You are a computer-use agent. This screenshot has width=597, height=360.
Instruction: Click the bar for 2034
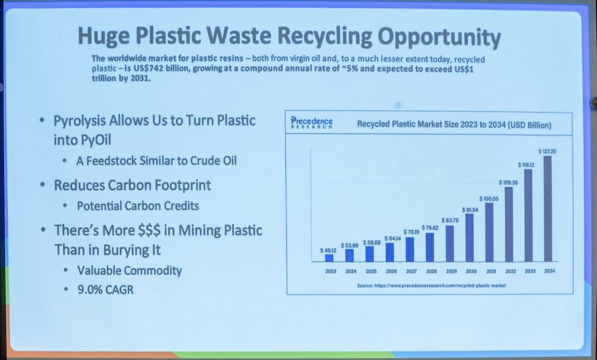click(548, 209)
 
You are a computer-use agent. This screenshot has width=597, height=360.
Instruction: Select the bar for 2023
click(329, 258)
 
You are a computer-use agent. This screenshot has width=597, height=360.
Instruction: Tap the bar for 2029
click(450, 244)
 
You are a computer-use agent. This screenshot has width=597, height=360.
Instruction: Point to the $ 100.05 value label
click(489, 199)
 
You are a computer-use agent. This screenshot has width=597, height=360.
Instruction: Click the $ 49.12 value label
click(328, 251)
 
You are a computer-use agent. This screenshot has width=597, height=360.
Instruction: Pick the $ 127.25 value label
click(547, 151)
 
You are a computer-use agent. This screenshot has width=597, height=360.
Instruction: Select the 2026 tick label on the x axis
click(391, 271)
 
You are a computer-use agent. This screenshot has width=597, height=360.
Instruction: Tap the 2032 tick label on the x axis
click(510, 271)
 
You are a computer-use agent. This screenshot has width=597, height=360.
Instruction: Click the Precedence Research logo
click(311, 123)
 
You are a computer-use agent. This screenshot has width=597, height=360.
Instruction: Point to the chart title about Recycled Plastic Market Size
click(454, 125)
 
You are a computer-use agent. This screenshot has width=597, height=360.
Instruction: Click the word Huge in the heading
click(103, 36)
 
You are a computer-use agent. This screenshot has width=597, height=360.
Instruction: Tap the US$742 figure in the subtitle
click(148, 69)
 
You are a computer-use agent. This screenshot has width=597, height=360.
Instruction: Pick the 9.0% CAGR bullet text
click(105, 290)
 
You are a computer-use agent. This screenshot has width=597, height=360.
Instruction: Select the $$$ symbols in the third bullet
click(149, 230)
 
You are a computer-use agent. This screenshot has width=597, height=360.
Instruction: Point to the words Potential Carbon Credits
click(138, 206)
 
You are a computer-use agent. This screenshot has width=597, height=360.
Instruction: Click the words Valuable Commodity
click(129, 270)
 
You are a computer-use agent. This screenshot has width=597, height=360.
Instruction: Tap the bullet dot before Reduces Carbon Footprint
click(42, 184)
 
